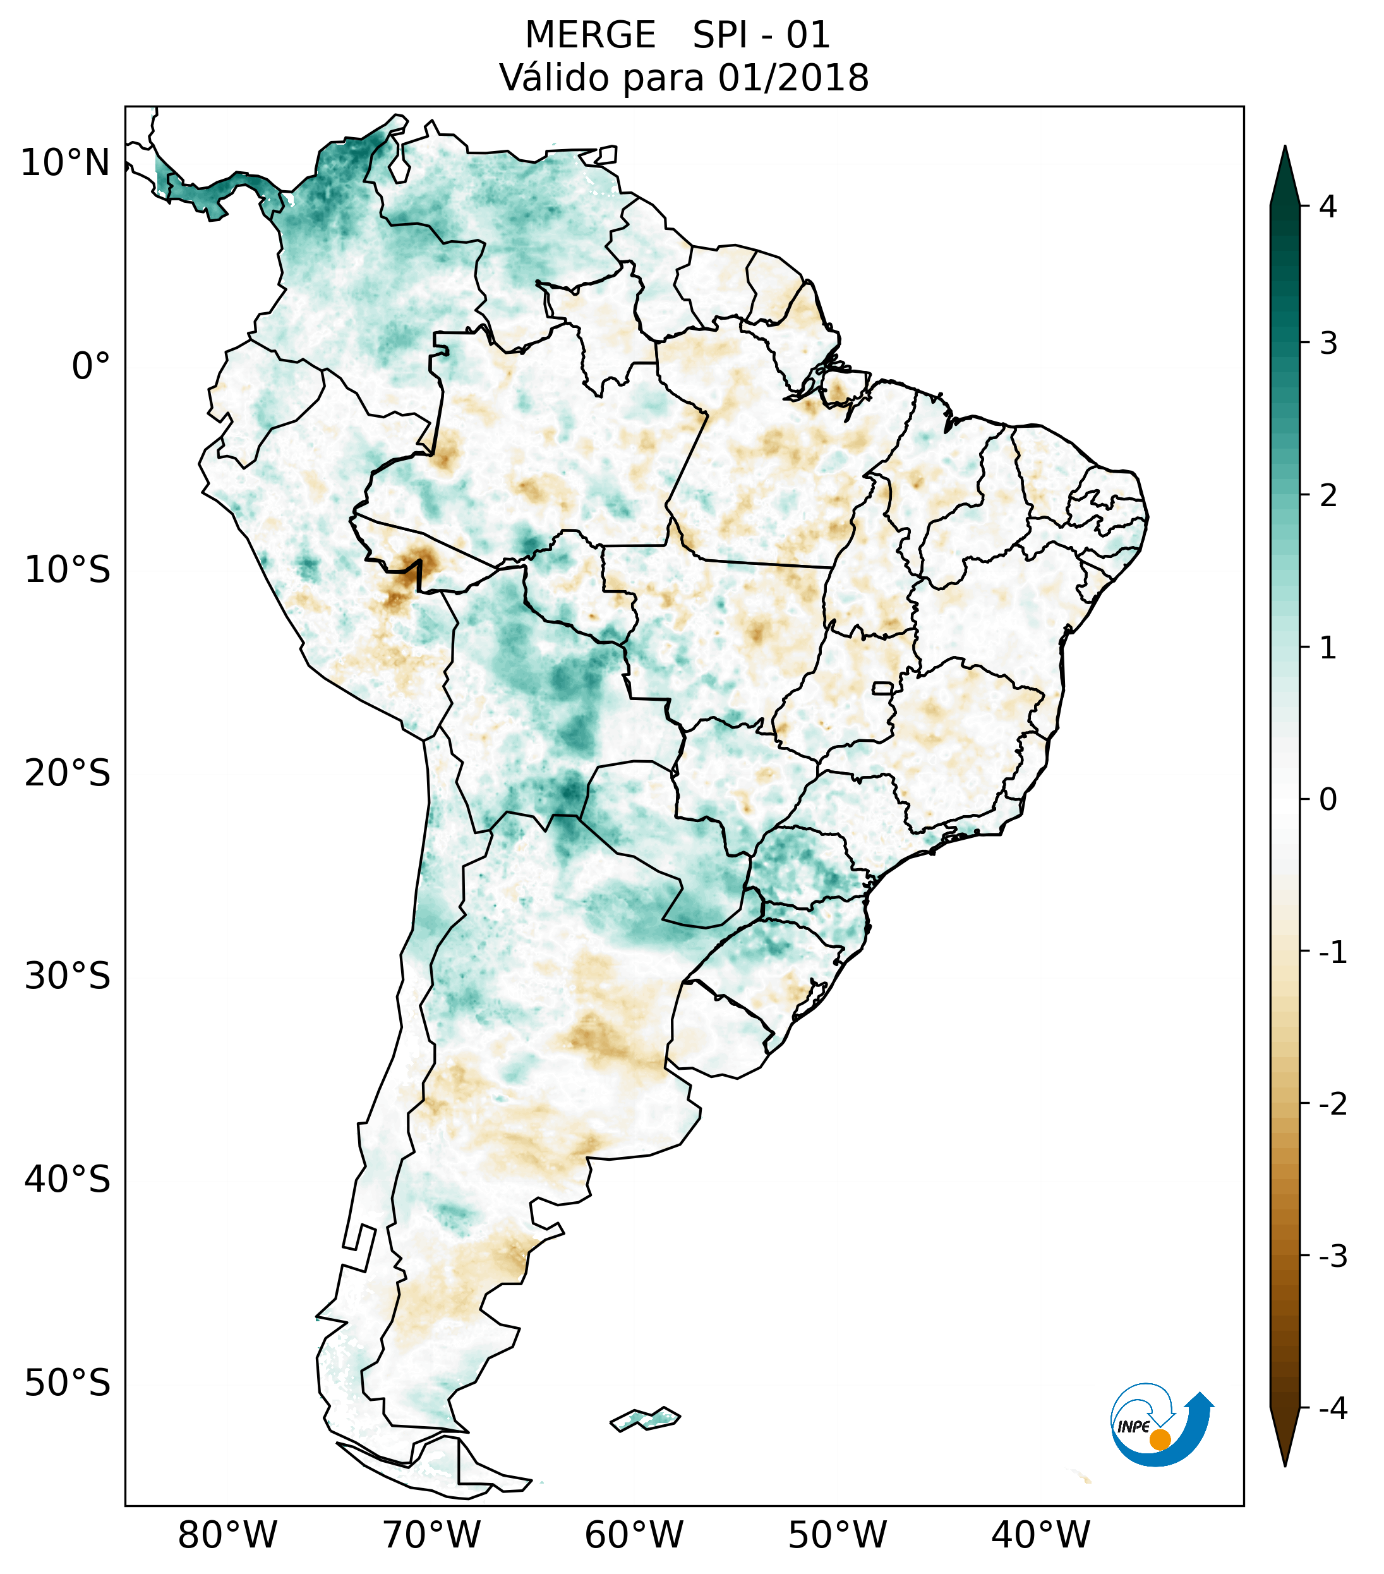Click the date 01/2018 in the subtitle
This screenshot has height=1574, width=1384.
pos(793,78)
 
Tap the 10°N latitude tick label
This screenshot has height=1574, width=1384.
pos(66,163)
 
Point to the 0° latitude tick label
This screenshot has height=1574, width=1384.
pos(91,366)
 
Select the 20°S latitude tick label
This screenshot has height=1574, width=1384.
pos(68,773)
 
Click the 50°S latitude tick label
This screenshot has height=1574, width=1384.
pos(68,1384)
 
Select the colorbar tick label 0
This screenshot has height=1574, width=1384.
pos(1328,800)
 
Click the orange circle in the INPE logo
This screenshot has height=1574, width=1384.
pos(1159,1439)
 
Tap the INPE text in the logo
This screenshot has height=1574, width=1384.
pos(1134,1427)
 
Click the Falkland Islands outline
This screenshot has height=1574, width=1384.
pos(645,1419)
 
